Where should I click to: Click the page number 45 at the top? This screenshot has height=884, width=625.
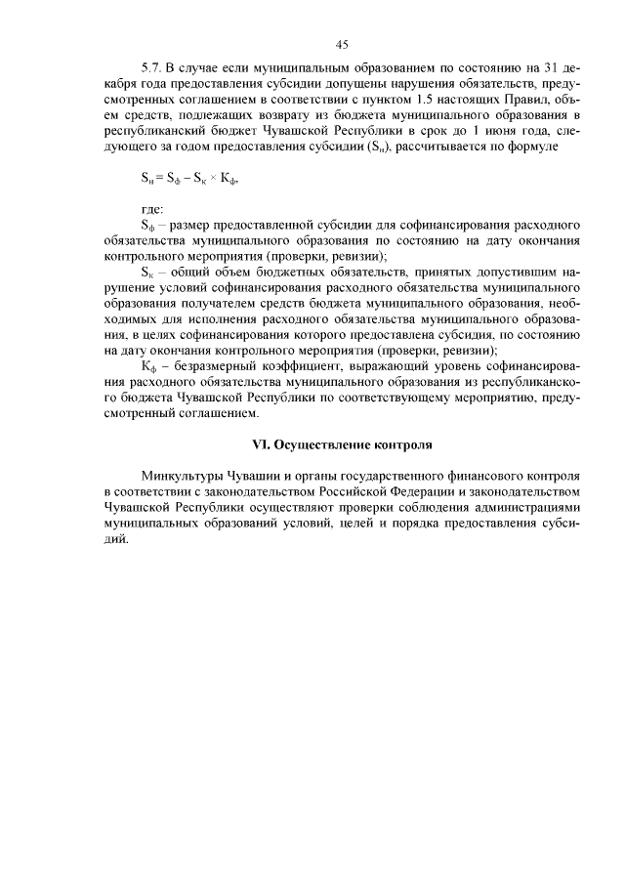342,44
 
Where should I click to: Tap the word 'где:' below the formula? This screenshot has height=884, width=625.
152,209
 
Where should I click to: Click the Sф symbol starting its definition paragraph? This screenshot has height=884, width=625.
148,225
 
